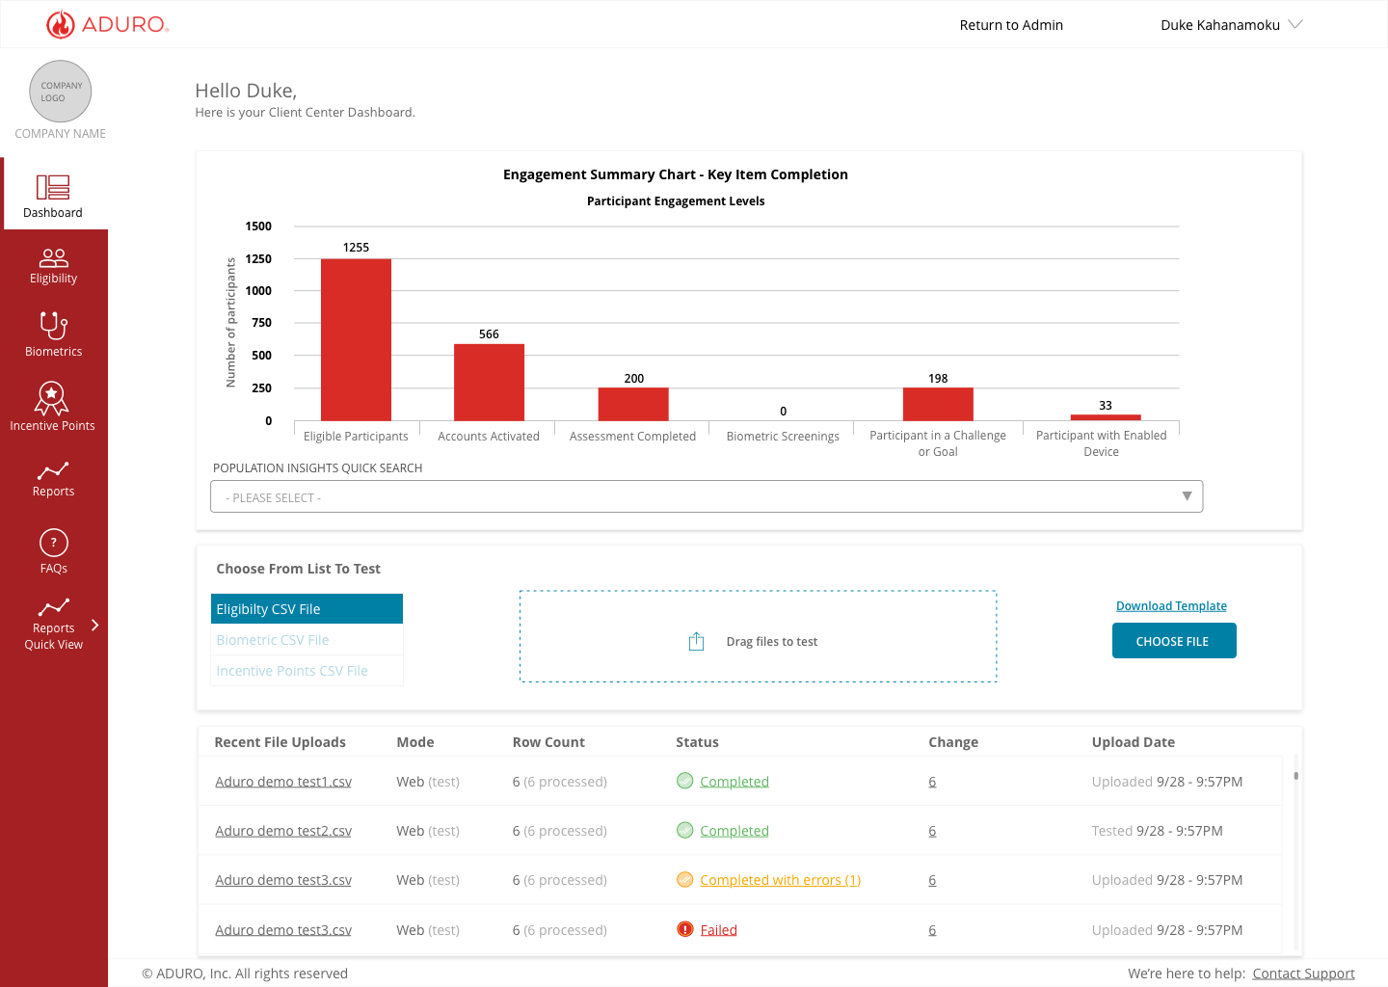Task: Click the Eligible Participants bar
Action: tap(356, 339)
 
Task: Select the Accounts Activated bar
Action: tap(489, 383)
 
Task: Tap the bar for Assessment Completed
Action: tap(633, 404)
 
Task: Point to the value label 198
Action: tap(938, 378)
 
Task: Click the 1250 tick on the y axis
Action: tap(258, 258)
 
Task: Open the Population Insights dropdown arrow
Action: tap(1187, 496)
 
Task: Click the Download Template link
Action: tap(1171, 606)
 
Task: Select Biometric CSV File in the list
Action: tap(273, 640)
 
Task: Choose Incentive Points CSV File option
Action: tap(292, 671)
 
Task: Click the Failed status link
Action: tap(718, 930)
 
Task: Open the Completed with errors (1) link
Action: tap(780, 880)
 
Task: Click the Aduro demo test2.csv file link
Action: tap(283, 831)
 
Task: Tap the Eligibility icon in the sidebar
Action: tap(53, 257)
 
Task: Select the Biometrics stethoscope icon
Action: tap(53, 326)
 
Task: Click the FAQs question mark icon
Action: tap(53, 543)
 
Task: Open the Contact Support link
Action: tap(1303, 974)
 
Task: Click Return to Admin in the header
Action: tap(1011, 25)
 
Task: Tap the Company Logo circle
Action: tap(60, 91)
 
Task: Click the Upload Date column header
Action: tap(1133, 742)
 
